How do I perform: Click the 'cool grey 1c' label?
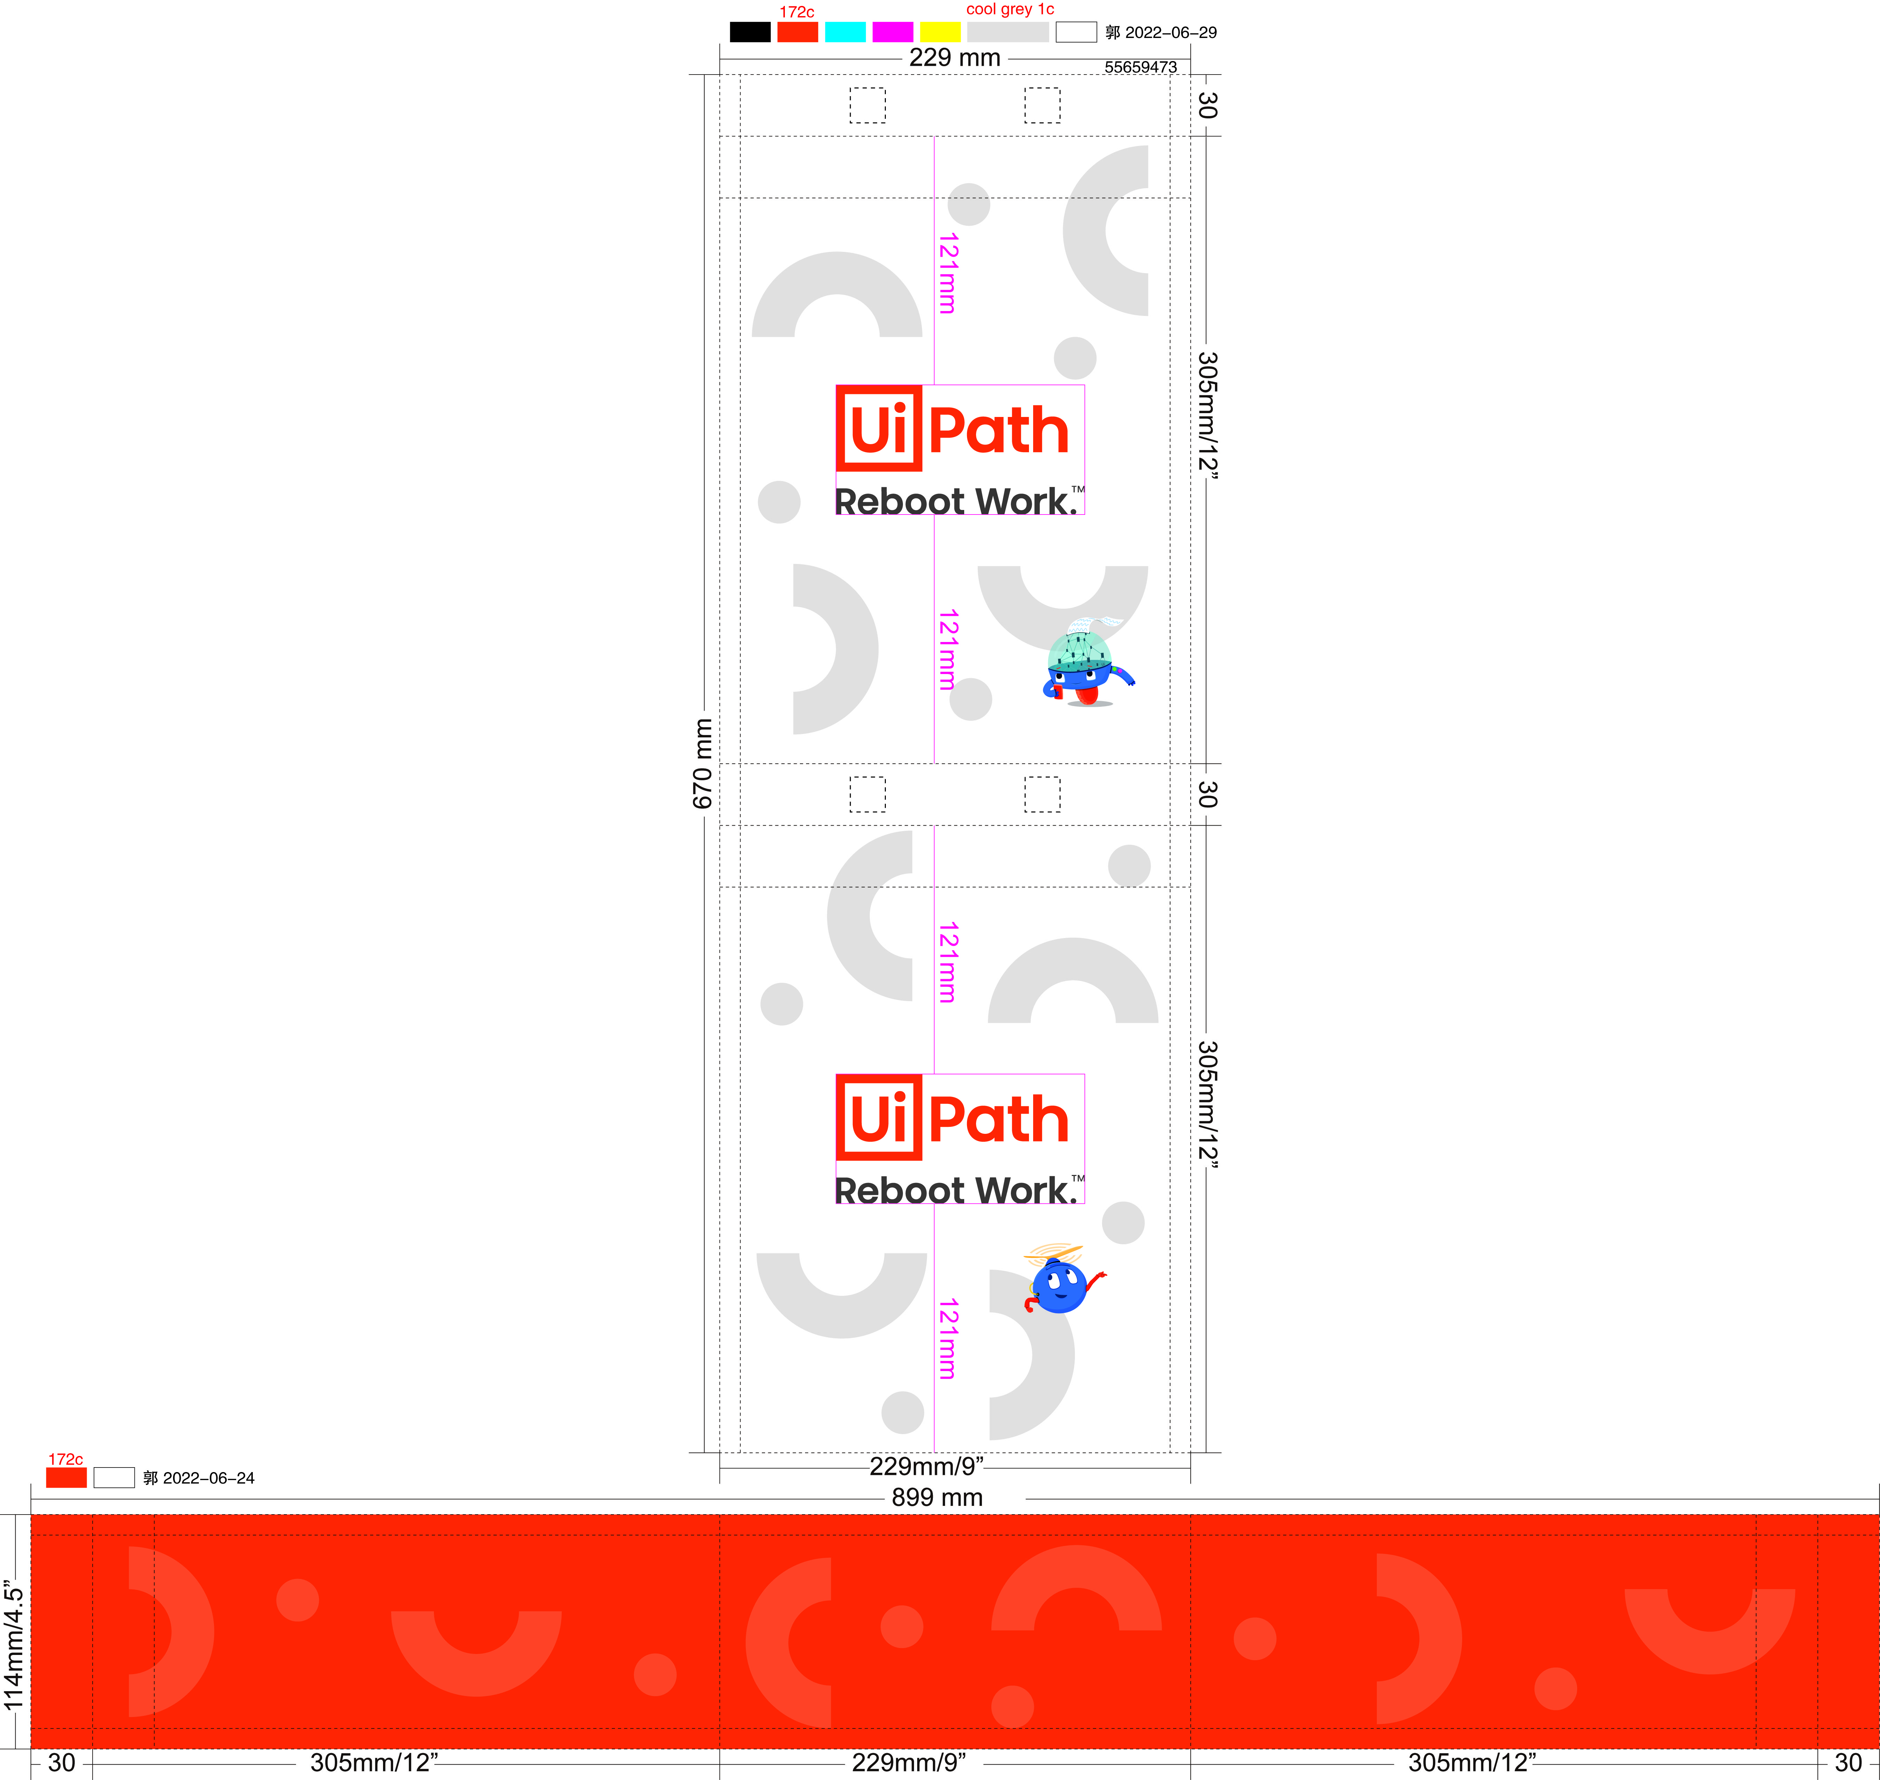click(1010, 9)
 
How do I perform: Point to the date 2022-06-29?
click(1170, 32)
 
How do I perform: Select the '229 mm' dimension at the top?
click(954, 58)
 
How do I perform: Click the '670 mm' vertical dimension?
click(702, 763)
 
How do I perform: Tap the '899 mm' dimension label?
click(937, 1497)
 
